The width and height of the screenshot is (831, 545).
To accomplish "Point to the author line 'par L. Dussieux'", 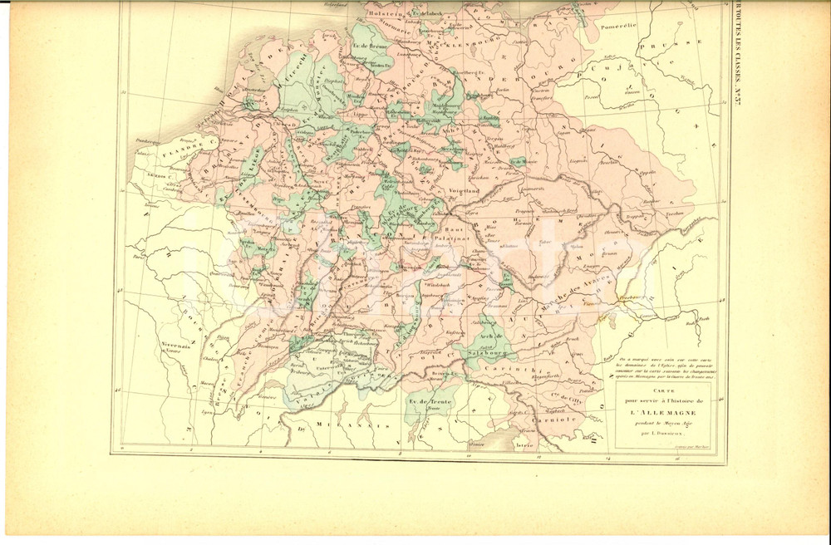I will tap(656, 434).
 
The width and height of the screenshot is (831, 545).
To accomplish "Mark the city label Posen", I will tap(593, 97).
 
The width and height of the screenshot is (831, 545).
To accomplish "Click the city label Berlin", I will tap(499, 94).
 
